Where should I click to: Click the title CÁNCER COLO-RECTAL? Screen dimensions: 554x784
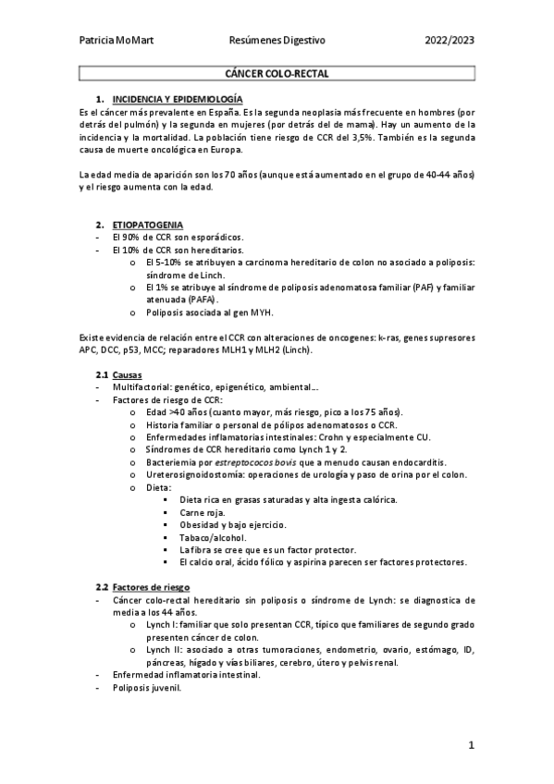click(x=277, y=73)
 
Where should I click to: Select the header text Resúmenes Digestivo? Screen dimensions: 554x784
click(x=277, y=41)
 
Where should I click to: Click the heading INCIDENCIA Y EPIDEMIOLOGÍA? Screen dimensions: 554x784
click(x=178, y=98)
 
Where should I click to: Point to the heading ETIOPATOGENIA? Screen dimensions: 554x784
click(x=147, y=225)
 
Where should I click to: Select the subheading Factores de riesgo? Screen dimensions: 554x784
click(x=151, y=587)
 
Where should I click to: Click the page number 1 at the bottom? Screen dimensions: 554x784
click(x=471, y=744)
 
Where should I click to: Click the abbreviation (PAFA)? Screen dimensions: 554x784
click(x=202, y=300)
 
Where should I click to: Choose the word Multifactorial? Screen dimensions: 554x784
click(x=143, y=387)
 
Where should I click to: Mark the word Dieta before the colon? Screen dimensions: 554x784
click(x=158, y=487)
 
